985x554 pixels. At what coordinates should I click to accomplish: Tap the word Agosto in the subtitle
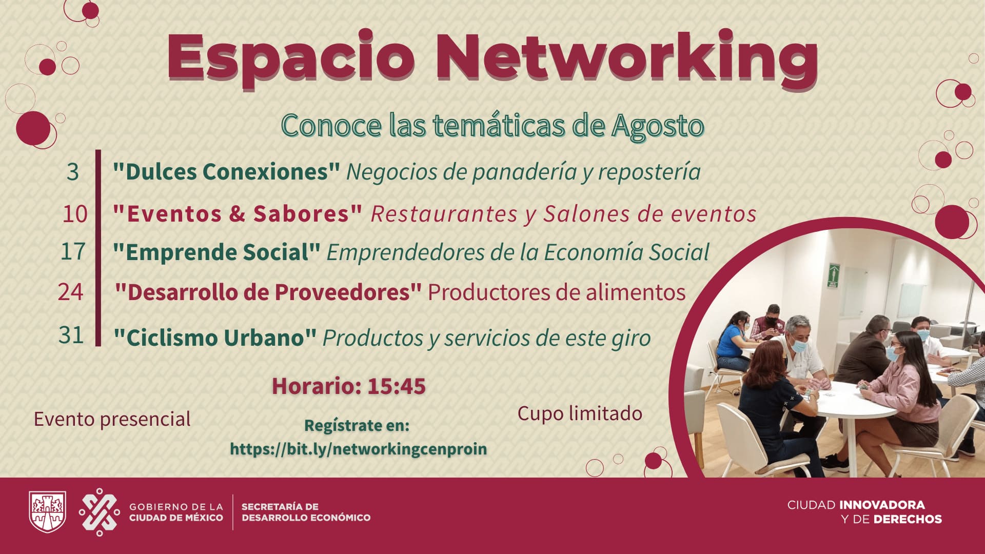657,125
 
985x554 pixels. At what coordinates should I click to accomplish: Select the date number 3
73,172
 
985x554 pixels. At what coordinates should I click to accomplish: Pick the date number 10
75,213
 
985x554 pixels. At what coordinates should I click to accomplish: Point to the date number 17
73,251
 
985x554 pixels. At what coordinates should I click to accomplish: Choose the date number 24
70,292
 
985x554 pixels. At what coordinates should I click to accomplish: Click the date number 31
71,335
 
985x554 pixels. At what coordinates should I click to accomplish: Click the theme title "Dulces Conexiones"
226,172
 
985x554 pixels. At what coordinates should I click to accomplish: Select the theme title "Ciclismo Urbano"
215,338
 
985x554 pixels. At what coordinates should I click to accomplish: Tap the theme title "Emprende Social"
216,252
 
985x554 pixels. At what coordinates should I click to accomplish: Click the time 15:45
397,386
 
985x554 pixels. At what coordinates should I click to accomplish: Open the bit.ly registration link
358,449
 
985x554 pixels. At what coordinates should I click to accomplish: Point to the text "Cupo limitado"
580,413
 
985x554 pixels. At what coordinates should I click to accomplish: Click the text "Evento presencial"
112,419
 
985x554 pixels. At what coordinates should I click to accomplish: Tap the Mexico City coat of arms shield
47,512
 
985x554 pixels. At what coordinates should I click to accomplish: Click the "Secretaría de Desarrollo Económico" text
306,512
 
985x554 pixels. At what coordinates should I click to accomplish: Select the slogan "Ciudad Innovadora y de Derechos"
865,512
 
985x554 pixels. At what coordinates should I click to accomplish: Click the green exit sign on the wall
833,275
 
